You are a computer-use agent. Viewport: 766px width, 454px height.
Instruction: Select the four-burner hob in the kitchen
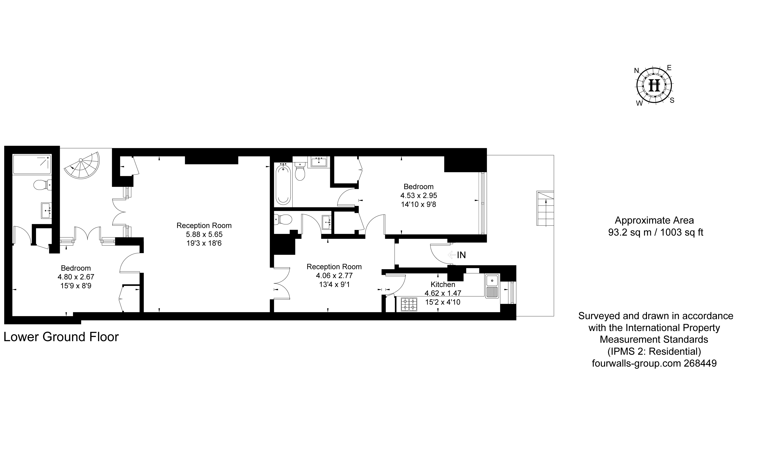pos(409,304)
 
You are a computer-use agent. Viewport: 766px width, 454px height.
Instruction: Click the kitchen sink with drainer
pos(492,286)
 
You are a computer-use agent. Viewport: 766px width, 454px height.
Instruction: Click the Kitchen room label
pos(443,284)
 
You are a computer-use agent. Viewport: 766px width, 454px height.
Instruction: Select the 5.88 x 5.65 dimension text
pos(204,234)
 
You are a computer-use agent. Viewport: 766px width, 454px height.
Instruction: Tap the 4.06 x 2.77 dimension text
pos(334,276)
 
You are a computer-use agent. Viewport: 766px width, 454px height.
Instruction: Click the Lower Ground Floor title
pos(61,337)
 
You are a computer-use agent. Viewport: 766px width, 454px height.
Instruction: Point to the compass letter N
pos(637,71)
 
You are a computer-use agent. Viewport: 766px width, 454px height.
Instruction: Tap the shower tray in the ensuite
pos(32,164)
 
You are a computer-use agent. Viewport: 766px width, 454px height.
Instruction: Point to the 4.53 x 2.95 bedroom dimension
pos(419,195)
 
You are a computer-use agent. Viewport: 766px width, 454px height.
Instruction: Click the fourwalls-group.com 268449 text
pos(654,363)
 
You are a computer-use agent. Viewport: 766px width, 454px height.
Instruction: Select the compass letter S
pos(672,100)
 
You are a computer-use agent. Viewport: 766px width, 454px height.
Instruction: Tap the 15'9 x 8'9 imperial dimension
pos(76,286)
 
